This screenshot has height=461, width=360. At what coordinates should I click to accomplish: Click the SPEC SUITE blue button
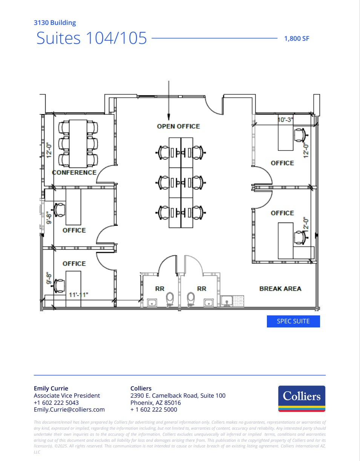[293, 321]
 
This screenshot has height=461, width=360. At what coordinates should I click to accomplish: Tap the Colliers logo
[302, 398]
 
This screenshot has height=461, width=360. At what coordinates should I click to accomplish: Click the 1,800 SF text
[297, 38]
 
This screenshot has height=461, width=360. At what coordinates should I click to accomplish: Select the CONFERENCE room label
[74, 172]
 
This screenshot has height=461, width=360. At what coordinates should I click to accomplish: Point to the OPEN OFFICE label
[178, 126]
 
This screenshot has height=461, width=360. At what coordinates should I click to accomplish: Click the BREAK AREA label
[280, 289]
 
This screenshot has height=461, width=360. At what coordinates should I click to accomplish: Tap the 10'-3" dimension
[285, 120]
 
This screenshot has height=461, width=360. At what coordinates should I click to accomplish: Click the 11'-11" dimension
[78, 295]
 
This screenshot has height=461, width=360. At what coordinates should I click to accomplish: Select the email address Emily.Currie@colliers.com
[69, 409]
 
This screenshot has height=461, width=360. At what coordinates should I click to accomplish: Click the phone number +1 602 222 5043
[56, 403]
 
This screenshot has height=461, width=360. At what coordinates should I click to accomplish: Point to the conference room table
[78, 143]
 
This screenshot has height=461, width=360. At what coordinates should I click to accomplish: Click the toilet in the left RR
[170, 299]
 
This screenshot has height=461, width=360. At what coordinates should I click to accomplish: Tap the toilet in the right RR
[190, 299]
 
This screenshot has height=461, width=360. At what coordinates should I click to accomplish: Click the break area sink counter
[233, 301]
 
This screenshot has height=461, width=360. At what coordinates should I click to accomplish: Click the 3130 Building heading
[55, 23]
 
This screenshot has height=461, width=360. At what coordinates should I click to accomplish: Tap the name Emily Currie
[51, 388]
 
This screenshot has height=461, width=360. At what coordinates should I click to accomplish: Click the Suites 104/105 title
[92, 38]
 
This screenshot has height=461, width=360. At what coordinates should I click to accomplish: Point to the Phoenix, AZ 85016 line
[155, 403]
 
